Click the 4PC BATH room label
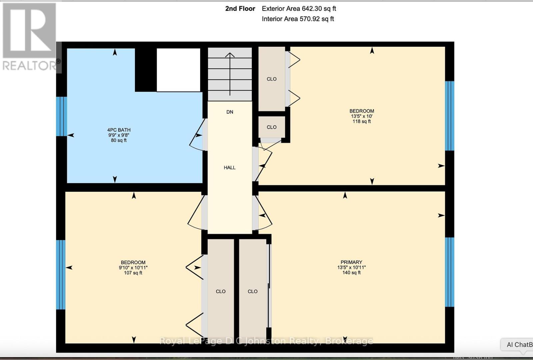click(x=119, y=130)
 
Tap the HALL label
click(x=230, y=168)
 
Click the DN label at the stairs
click(x=230, y=112)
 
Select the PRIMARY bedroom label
click(x=351, y=262)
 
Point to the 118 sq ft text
click(x=361, y=122)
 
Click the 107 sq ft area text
click(x=133, y=273)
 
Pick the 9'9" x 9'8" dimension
click(x=119, y=135)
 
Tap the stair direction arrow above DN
click(x=230, y=73)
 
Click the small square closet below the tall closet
click(x=271, y=127)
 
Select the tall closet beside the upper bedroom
click(x=271, y=79)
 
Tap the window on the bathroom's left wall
click(x=61, y=116)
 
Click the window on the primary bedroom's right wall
click(x=449, y=272)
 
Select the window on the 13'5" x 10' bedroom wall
click(x=449, y=116)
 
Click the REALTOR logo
click(x=29, y=37)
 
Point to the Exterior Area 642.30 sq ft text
click(x=299, y=9)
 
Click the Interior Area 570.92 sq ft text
click(x=298, y=19)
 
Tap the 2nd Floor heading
click(x=240, y=9)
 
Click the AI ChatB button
click(x=518, y=345)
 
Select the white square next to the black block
click(x=179, y=70)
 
